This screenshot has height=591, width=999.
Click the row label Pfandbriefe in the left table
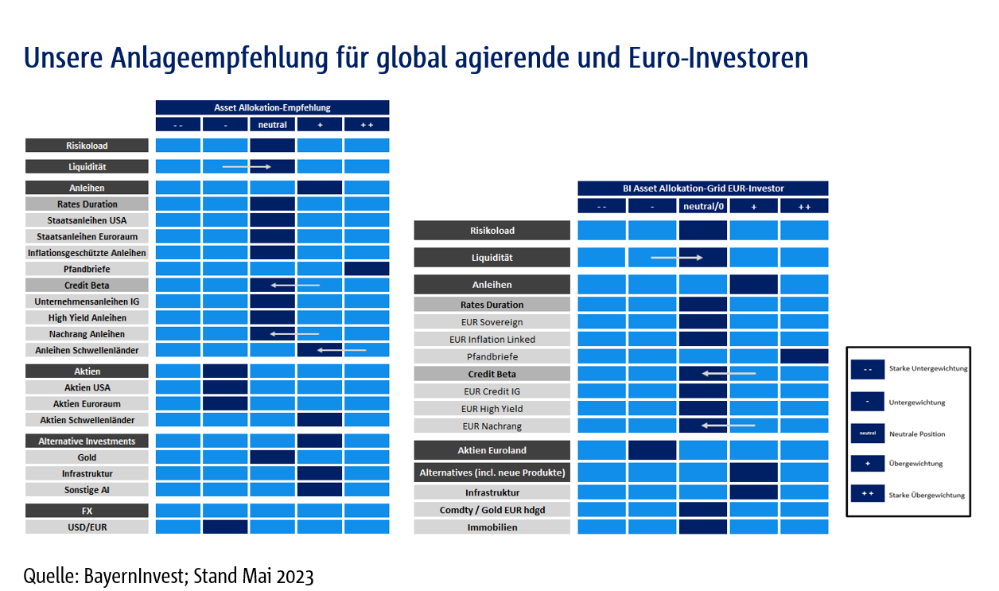[87, 269]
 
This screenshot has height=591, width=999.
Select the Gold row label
[87, 457]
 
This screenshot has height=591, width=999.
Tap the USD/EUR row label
[87, 527]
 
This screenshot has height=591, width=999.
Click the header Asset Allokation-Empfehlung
[272, 107]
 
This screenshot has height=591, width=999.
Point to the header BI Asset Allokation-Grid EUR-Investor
[702, 189]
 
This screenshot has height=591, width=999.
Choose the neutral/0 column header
[702, 206]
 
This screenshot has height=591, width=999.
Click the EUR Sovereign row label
[492, 321]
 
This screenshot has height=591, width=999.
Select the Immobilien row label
[492, 527]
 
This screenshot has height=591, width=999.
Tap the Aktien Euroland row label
[492, 450]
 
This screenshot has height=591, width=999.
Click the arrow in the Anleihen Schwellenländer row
[342, 350]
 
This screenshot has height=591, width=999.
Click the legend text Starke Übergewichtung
[927, 495]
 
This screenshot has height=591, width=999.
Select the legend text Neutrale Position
[917, 434]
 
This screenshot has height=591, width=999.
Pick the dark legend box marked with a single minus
[867, 402]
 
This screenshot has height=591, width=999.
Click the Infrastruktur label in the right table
[492, 492]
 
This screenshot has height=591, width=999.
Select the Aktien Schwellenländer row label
[87, 419]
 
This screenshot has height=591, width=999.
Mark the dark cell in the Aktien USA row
[225, 387]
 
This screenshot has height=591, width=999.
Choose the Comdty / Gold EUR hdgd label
[492, 509]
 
